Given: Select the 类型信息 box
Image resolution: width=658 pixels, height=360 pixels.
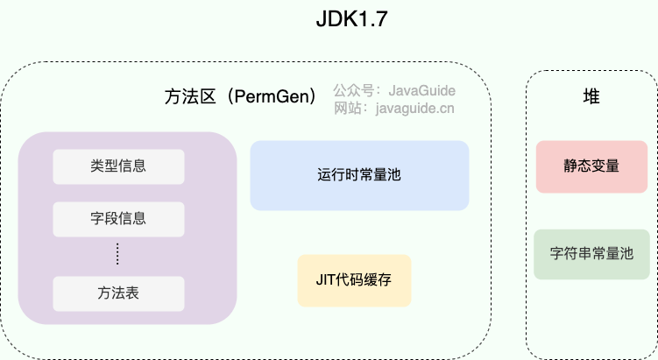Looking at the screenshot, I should tap(118, 166).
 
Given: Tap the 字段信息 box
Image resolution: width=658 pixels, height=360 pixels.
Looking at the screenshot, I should tap(118, 219).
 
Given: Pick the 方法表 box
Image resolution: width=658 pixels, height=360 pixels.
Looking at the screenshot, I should tap(118, 293).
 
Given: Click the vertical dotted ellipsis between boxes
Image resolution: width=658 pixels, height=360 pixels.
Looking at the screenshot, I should tap(117, 255).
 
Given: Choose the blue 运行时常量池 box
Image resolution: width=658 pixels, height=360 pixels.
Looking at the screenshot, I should tap(359, 175).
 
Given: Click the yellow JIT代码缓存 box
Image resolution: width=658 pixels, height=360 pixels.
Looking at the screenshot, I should tap(354, 280).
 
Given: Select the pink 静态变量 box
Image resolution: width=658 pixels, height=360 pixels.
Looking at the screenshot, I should tap(591, 166).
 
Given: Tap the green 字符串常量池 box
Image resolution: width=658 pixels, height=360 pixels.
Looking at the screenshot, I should tap(591, 255).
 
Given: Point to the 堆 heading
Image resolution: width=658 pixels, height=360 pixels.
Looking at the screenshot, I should tap(591, 97).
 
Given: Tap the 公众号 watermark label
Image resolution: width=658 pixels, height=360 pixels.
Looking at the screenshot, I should tap(351, 90).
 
